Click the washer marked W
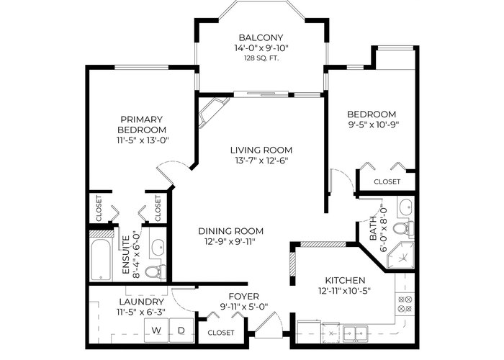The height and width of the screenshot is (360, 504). pos(156,331)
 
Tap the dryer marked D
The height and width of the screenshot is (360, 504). pos(181,331)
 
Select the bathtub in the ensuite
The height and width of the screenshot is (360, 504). pos(101,260)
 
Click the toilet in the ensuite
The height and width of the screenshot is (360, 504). pos(156,272)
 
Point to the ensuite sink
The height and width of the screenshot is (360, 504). pos(158,247)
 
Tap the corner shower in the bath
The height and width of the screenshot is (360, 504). pos(400,256)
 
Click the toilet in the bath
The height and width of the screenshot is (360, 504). pos(403,229)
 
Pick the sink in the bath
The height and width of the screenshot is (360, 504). pos(406,207)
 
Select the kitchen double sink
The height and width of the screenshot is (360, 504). pos(355,333)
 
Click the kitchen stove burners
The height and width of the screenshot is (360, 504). pos(405,305)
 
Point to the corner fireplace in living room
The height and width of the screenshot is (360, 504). pos(213,112)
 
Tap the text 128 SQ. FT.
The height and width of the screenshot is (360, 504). pos(261,58)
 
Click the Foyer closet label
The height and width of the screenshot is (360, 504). pos(221,333)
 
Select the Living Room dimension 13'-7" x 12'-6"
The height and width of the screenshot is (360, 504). pos(261,161)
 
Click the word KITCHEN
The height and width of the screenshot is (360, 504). pos(345,280)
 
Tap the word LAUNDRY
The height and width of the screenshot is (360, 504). pos(141,302)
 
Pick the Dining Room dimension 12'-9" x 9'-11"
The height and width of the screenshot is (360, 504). pos(230,241)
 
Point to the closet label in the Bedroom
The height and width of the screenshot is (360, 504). pos(387,181)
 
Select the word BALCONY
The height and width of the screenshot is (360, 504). pos(261,37)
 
